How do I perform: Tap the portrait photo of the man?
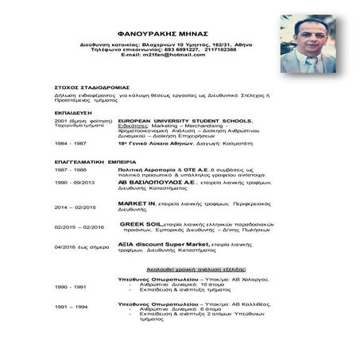coord(310,46)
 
